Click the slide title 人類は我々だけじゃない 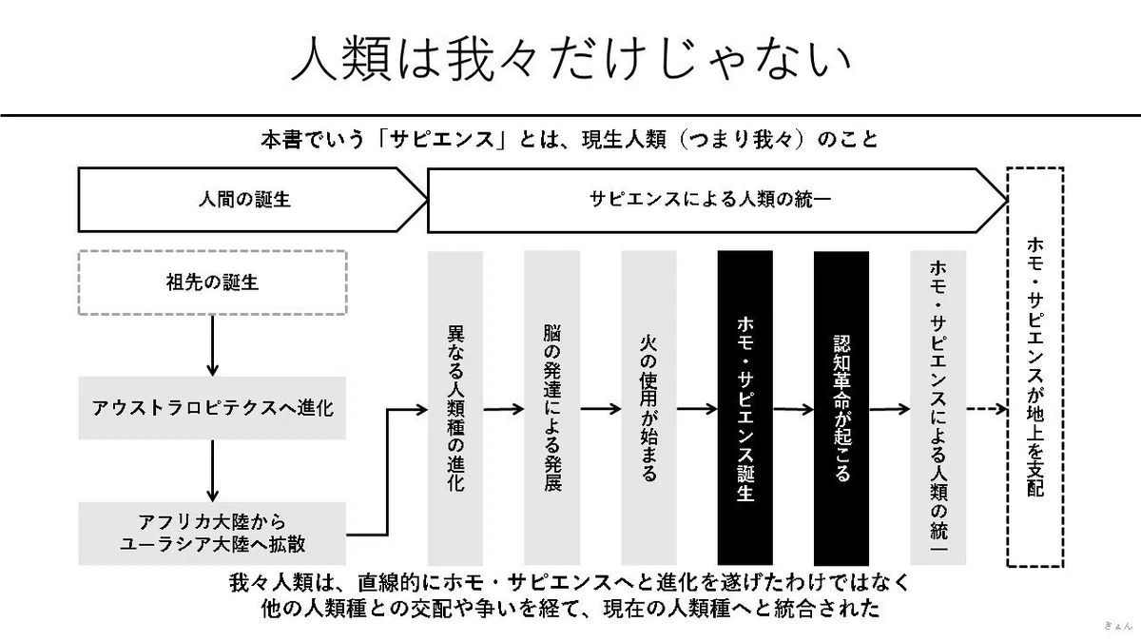(x=570, y=60)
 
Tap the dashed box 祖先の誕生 (x=212, y=282)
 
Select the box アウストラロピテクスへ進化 (x=212, y=408)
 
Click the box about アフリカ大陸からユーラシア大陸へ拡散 (x=212, y=534)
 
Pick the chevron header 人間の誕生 (x=252, y=200)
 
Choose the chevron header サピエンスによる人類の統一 (x=717, y=200)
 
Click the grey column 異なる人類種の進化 (x=455, y=408)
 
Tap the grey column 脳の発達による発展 (x=552, y=408)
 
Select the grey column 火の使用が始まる (x=648, y=408)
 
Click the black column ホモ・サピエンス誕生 (x=745, y=408)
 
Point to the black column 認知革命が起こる (x=841, y=408)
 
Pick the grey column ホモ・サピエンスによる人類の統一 (x=938, y=408)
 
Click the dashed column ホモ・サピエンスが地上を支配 (x=1035, y=367)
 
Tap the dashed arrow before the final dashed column (x=987, y=409)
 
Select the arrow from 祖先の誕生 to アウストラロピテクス (x=212, y=346)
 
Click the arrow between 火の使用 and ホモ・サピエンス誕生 (x=697, y=409)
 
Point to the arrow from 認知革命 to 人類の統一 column (x=889, y=409)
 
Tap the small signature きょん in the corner (x=1117, y=626)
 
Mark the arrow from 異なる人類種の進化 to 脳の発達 (x=503, y=409)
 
